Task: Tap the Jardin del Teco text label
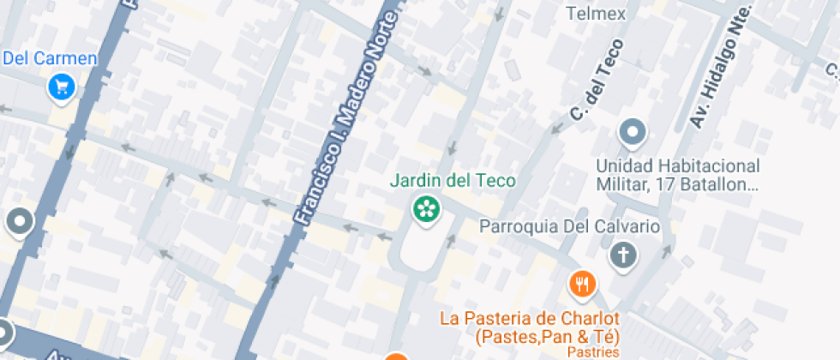tap(453, 181)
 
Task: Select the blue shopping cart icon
tap(62, 86)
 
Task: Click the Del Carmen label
tap(50, 59)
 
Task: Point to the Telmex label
tap(597, 14)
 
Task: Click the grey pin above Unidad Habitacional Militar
tap(633, 133)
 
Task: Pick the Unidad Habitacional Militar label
tap(678, 174)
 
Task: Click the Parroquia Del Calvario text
tap(569, 227)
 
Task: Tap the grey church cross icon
tap(624, 255)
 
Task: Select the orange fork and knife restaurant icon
tap(583, 284)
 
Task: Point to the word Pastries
tap(594, 352)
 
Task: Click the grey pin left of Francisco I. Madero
tap(19, 223)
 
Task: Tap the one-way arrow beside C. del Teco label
tap(557, 128)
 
